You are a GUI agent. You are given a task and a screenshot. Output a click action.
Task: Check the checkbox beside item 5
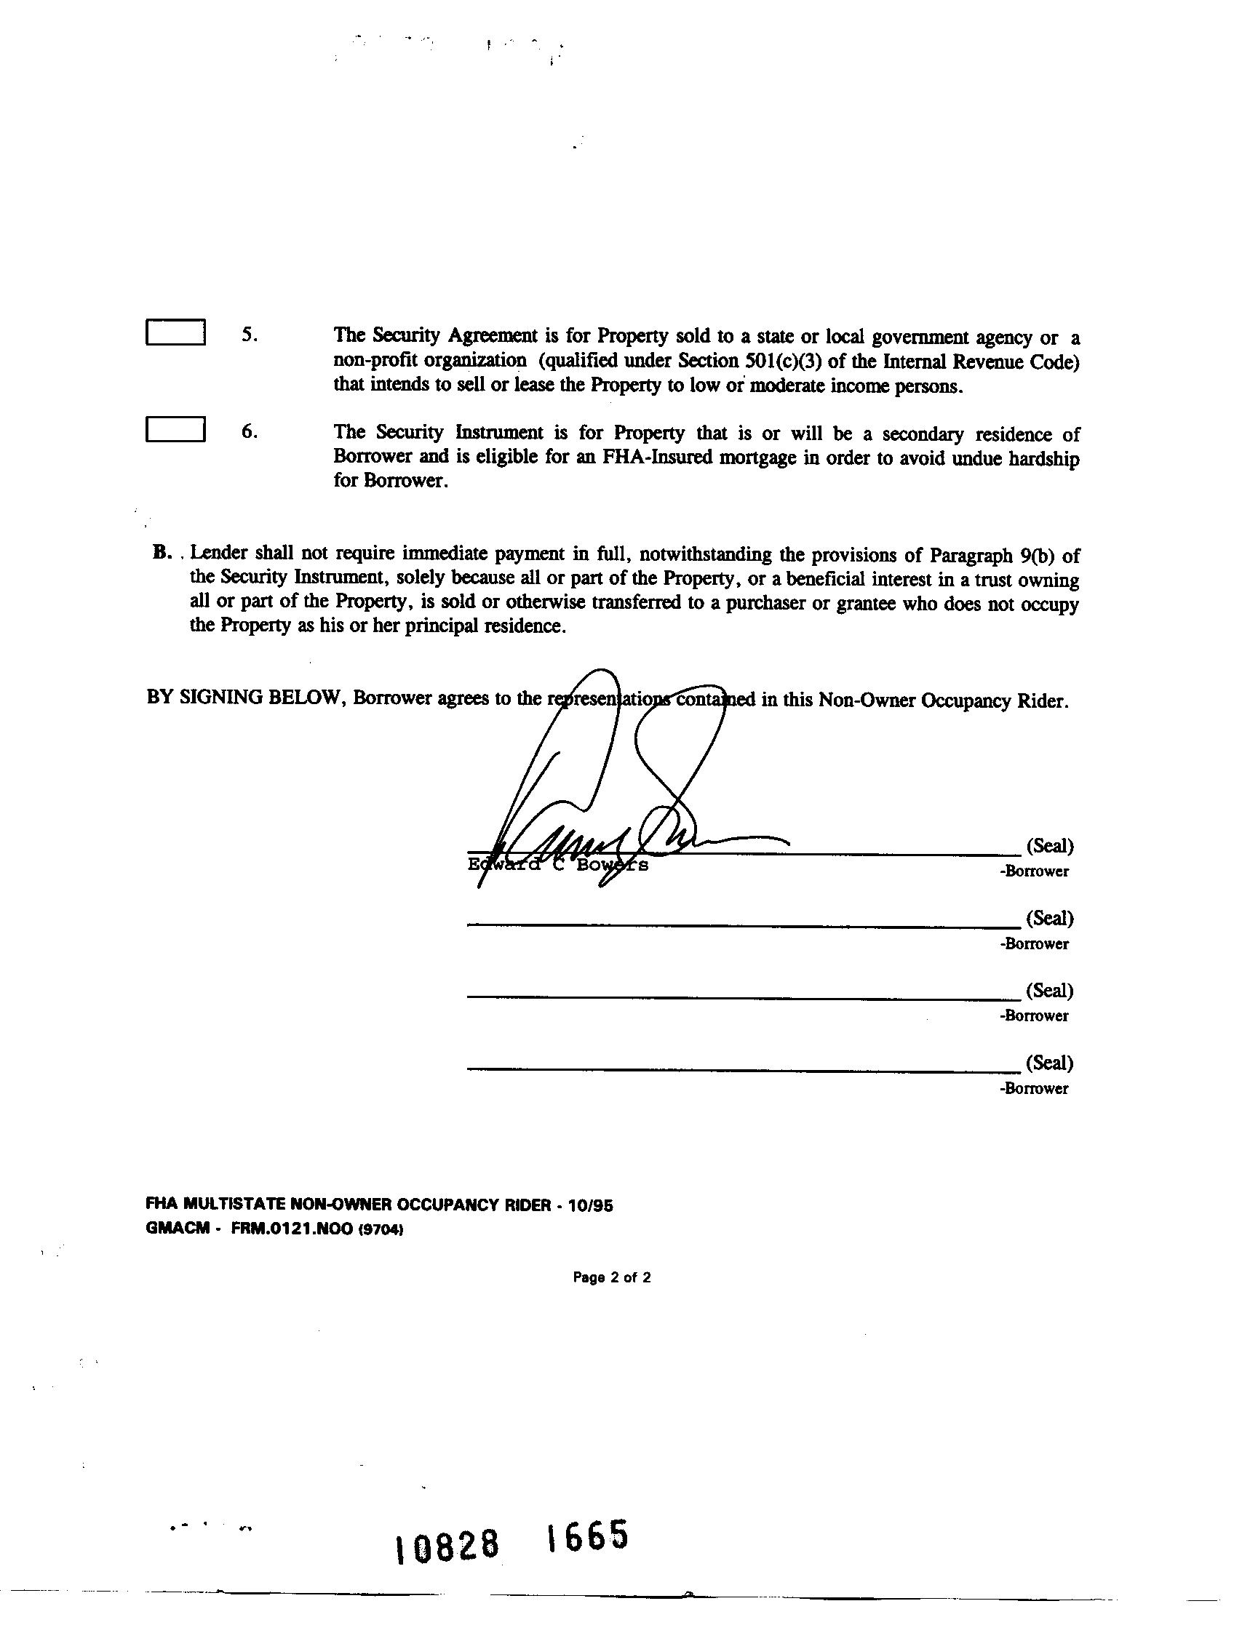tap(175, 332)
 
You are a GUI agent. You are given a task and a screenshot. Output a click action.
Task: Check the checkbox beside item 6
tap(175, 430)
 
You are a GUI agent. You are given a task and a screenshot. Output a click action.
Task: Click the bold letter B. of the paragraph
tap(162, 553)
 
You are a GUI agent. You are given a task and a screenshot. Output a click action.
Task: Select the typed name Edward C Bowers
tap(557, 864)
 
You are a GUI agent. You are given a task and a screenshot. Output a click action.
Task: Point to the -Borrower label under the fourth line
tap(1034, 1089)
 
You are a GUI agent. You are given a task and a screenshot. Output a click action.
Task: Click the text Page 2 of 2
tap(611, 1278)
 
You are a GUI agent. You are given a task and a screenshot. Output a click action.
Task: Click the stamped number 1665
tap(587, 1537)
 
